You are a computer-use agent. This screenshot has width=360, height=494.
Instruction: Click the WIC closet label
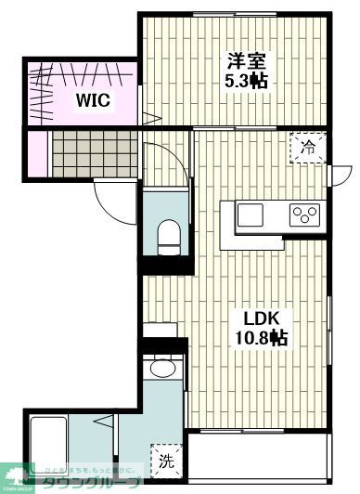point(94,101)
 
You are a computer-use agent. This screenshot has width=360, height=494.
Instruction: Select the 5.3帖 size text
point(248,82)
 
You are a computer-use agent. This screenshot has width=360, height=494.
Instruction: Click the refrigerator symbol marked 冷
point(306,146)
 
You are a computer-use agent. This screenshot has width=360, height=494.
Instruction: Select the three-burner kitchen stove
point(302,215)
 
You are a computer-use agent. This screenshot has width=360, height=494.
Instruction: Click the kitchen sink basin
point(251,215)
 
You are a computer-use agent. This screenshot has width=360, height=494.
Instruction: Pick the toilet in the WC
point(169,236)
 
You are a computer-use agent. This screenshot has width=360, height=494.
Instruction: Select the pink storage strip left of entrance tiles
point(35,154)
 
